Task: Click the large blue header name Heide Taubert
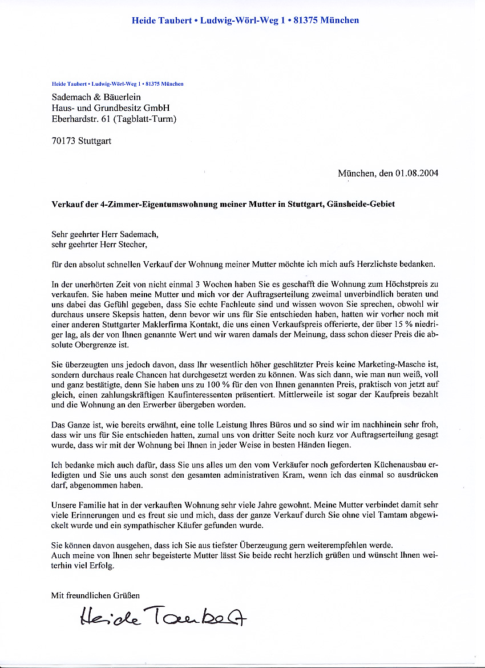[x=161, y=21]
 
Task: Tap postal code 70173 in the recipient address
[x=63, y=141]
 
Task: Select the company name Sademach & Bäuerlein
[x=96, y=97]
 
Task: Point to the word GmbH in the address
[x=156, y=108]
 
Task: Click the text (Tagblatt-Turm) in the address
[x=145, y=119]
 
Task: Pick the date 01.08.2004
[x=416, y=173]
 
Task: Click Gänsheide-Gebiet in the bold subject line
[x=361, y=204]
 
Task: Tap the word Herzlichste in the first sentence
[x=376, y=264]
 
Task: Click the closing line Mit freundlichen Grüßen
[x=95, y=595]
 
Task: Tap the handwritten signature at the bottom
[x=163, y=615]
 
